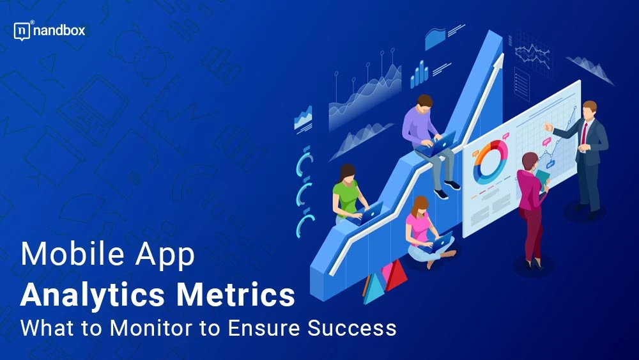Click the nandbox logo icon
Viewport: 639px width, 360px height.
pos(22,31)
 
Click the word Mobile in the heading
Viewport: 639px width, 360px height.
pos(72,254)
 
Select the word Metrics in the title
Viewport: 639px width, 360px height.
pos(235,294)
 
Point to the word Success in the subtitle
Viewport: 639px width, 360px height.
pos(351,328)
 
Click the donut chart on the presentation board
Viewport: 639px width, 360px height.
pos(490,162)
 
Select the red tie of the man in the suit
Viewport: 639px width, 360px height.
pos(585,133)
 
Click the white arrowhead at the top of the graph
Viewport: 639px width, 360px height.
pos(498,61)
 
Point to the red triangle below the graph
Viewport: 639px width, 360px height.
pos(396,276)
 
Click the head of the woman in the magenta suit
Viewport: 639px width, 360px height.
pos(530,162)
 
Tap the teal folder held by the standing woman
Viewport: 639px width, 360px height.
pos(542,178)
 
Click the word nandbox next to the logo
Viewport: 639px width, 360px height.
pos(59,31)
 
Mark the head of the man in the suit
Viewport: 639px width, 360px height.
pos(589,109)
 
